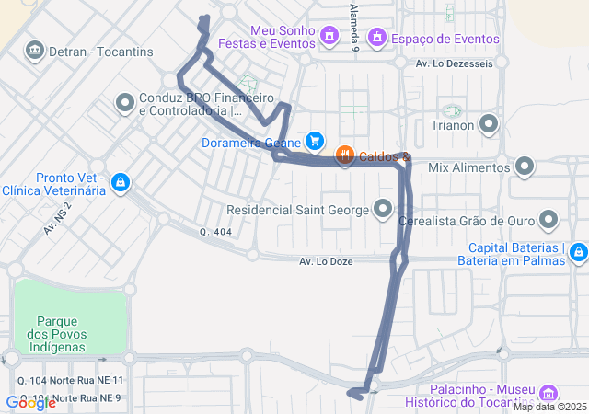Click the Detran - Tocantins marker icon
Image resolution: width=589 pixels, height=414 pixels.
(35, 49)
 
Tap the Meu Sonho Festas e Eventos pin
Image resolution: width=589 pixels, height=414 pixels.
(329, 36)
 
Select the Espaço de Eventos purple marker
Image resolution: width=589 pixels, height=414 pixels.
(376, 37)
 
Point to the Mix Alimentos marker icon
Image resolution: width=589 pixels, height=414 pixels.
(525, 167)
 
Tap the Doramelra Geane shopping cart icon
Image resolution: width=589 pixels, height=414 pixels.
(315, 141)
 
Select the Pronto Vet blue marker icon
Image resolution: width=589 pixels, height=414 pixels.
(119, 183)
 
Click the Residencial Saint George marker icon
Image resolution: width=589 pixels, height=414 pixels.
(383, 209)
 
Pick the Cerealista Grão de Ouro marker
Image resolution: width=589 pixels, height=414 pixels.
(549, 219)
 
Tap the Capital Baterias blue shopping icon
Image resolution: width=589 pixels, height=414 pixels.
(577, 251)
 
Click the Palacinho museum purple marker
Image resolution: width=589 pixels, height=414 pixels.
(549, 393)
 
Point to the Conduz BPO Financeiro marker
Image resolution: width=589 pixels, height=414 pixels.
(125, 102)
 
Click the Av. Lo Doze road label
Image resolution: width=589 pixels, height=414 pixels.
(326, 262)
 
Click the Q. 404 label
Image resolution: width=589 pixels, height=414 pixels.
(215, 232)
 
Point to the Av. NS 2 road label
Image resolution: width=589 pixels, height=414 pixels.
(57, 218)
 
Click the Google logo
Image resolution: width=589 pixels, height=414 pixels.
(31, 402)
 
